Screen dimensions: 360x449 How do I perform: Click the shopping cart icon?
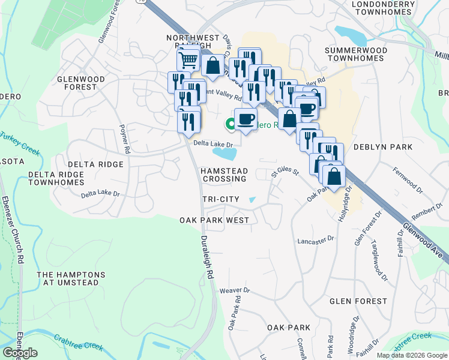188,60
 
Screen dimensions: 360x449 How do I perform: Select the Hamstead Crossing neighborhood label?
223,175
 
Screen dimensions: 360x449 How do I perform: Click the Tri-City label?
221,199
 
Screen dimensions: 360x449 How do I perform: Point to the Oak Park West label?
214,220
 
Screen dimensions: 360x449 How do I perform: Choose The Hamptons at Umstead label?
71,279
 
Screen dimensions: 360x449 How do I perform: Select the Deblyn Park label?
383,147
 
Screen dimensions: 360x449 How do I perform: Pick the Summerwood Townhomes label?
362,55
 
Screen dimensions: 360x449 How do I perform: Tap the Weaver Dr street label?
235,290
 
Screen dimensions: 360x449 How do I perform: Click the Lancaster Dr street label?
315,240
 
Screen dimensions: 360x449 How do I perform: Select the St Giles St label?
285,173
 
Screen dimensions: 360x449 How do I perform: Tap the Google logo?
20,353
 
